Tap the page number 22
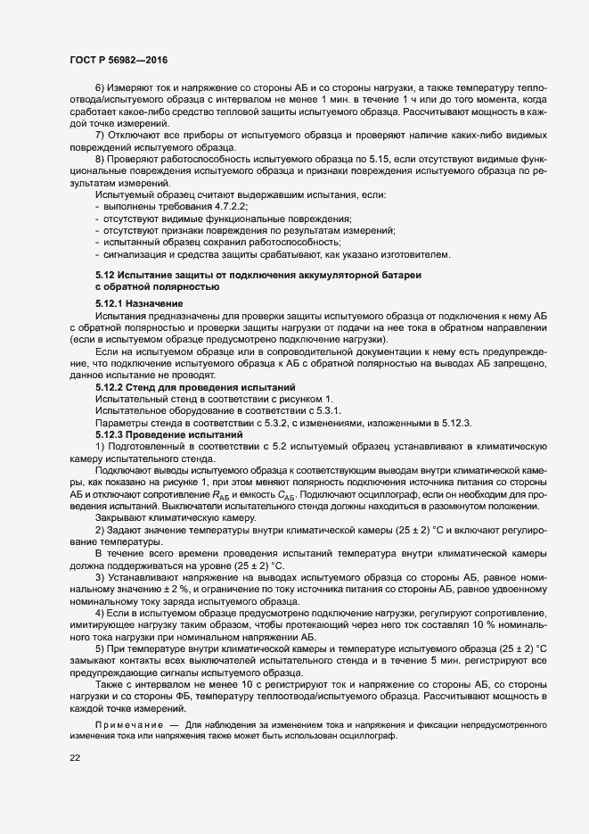pyautogui.click(x=75, y=758)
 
